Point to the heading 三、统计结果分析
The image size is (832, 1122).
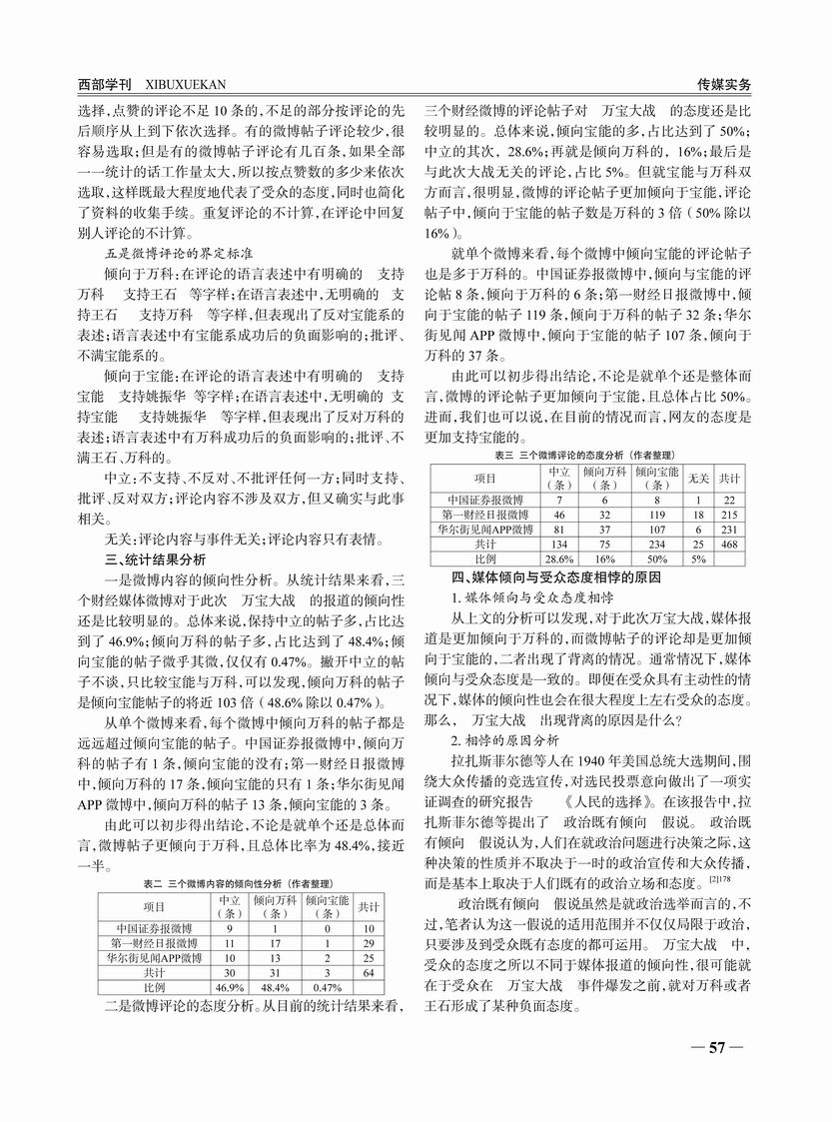156,558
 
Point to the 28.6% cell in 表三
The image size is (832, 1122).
559,559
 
